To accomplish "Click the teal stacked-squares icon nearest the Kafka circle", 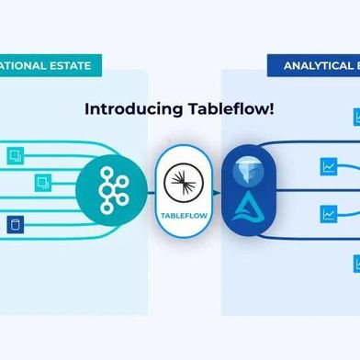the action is click(42, 183).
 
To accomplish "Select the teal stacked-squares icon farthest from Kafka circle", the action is click(14, 155).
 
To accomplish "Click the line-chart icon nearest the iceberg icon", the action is click(328, 167).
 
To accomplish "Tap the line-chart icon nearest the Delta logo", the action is click(328, 214).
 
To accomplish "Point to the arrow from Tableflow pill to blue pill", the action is click(216, 191).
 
